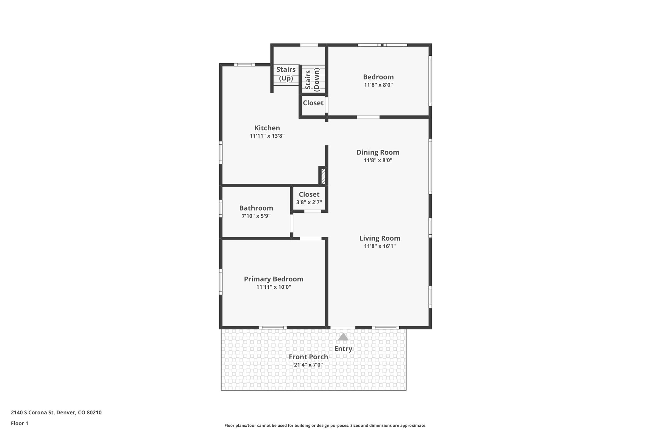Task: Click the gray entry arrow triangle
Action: coord(343,337)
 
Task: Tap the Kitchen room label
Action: coord(267,128)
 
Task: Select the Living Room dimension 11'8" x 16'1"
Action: coord(380,246)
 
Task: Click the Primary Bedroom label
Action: coord(273,279)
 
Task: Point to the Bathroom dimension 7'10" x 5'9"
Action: coord(256,216)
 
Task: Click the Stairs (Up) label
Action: coord(286,74)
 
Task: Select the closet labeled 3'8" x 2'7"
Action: coord(309,198)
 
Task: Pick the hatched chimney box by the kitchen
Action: coord(323,177)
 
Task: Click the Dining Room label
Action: coord(378,152)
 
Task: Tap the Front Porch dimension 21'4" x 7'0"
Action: coord(308,365)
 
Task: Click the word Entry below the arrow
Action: coord(343,349)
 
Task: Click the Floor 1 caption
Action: coord(19,424)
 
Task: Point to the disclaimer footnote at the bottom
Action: coord(325,425)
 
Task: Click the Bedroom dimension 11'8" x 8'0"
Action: coord(378,85)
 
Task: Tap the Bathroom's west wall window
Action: coord(221,209)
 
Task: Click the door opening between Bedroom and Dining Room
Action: coord(368,117)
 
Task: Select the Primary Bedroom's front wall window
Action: coord(272,327)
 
